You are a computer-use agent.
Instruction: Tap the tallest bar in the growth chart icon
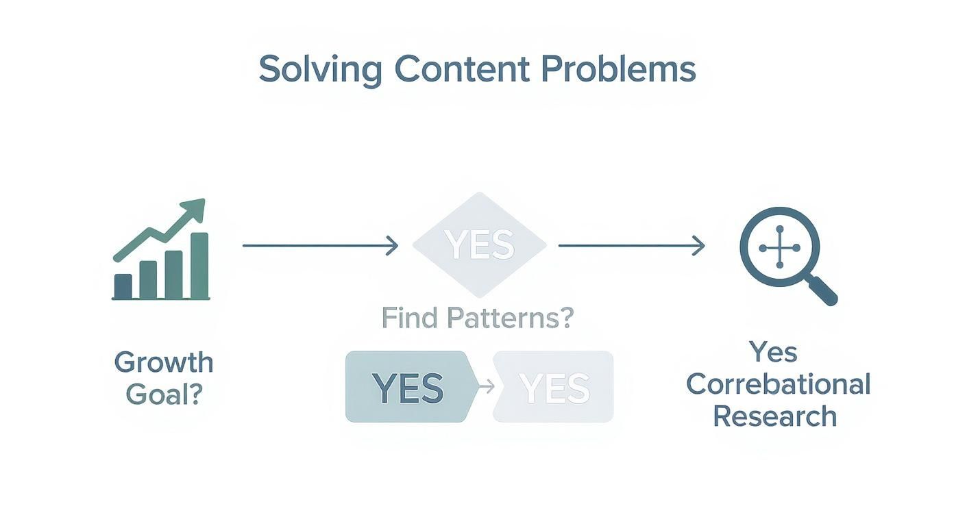pos(199,266)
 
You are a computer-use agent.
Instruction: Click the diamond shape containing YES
pos(479,244)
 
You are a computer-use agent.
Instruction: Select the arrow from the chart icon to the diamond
pos(320,245)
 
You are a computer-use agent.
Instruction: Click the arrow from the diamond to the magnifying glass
pos(631,245)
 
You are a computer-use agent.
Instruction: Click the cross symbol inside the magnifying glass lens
pos(779,247)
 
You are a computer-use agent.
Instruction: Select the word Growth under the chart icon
pos(164,362)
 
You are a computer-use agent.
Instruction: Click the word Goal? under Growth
pos(164,394)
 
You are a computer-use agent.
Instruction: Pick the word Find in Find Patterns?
pos(408,318)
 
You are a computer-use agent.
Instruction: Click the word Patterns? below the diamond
pos(509,318)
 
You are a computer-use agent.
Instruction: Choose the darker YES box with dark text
pos(408,387)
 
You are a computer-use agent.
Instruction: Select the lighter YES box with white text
pos(554,387)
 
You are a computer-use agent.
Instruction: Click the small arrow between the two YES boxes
pos(485,387)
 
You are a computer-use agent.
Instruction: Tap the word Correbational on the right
pos(778,384)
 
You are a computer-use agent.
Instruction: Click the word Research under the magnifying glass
pos(774,416)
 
